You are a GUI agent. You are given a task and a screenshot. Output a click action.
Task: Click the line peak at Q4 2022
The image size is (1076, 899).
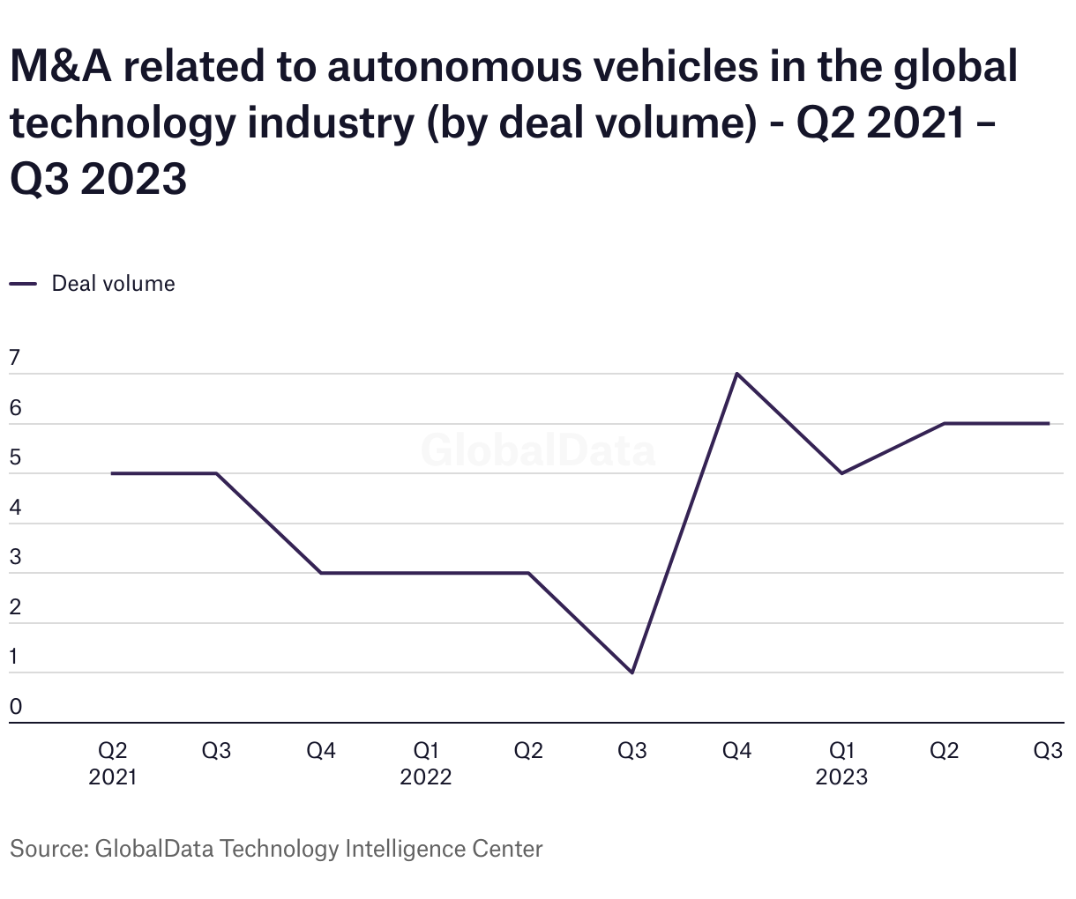tap(736, 374)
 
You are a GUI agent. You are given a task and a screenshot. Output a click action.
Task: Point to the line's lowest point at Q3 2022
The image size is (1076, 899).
tap(632, 672)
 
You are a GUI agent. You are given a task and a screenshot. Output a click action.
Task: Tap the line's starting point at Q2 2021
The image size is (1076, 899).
tap(112, 473)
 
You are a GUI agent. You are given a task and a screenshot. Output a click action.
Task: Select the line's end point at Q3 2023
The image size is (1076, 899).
tap(1049, 424)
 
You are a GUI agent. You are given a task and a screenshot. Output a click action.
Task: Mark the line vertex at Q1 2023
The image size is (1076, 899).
tap(841, 473)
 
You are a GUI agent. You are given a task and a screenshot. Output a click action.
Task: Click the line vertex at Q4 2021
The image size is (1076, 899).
tap(320, 573)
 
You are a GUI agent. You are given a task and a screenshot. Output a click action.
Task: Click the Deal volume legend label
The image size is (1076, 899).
tap(113, 284)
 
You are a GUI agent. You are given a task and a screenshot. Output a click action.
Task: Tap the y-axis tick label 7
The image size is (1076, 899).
tap(14, 358)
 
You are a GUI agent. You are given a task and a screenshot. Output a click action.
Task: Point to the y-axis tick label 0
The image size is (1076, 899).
tap(15, 707)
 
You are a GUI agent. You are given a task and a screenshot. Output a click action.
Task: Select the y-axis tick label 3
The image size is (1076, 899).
tap(14, 557)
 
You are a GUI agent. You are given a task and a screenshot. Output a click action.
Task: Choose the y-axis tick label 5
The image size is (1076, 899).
tap(14, 457)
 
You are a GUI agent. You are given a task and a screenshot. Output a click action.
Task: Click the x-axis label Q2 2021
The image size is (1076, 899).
tap(112, 763)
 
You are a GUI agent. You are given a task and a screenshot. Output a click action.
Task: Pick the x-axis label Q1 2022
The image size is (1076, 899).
tap(425, 763)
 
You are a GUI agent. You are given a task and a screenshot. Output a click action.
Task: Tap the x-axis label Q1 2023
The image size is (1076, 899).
tap(841, 763)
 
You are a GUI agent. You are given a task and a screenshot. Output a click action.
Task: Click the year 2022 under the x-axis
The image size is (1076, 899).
tap(425, 776)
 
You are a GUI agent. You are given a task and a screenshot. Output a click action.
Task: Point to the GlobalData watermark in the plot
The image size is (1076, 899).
tap(538, 449)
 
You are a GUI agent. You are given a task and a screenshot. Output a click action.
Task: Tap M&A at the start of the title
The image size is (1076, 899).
tap(61, 68)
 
